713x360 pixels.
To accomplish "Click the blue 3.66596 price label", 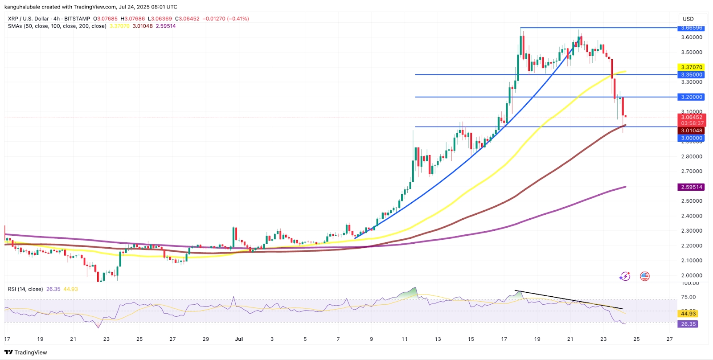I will (691, 28).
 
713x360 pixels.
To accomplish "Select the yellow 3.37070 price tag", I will (691, 67).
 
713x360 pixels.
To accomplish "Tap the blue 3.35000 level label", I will (691, 75).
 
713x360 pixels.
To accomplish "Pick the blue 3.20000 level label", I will (691, 97).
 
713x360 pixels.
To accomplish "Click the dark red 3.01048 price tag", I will (691, 131).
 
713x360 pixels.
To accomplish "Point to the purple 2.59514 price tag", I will (691, 187).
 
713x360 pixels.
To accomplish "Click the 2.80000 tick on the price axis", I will (691, 156).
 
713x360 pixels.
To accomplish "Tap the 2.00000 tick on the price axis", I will (691, 275).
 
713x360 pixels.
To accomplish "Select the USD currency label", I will (688, 19).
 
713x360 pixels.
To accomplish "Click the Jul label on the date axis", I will (239, 339).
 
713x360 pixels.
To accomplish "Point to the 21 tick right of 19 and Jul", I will (570, 339).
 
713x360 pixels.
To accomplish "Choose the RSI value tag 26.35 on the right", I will (688, 324).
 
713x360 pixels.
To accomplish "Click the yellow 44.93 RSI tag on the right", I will (688, 314).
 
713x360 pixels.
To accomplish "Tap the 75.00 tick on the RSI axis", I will (688, 297).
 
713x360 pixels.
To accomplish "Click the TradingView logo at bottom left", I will (25, 352).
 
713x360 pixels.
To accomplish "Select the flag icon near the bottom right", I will (644, 276).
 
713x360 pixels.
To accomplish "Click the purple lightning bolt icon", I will (625, 276).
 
